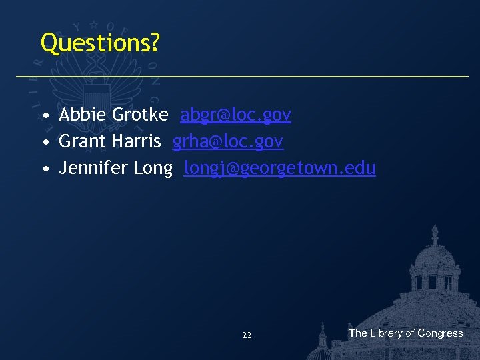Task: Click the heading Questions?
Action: [x=100, y=43]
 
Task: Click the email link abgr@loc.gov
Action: [x=235, y=115]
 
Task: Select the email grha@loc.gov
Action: [x=228, y=141]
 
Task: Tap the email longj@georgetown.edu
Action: [x=280, y=168]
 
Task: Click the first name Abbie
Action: [x=83, y=115]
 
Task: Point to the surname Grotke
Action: [x=140, y=115]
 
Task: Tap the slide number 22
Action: [x=247, y=335]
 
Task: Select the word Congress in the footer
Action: [x=440, y=333]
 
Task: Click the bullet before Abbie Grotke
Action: [x=45, y=116]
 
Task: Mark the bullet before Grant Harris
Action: [x=45, y=143]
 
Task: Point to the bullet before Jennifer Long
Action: [x=45, y=169]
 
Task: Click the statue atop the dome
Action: [x=435, y=234]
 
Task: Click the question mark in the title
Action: [x=155, y=43]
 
